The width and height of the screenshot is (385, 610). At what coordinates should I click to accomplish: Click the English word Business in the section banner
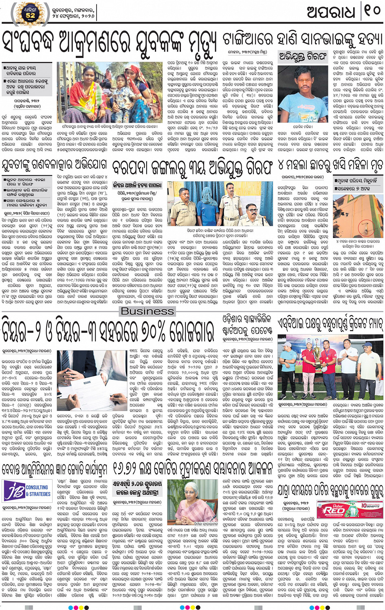147,311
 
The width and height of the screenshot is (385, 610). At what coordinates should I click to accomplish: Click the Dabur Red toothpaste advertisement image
350,510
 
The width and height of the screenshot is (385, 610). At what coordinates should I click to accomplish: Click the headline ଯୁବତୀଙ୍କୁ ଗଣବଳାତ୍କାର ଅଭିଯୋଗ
55,165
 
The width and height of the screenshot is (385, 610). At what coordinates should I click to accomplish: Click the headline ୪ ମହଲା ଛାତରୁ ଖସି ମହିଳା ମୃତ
331,165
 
